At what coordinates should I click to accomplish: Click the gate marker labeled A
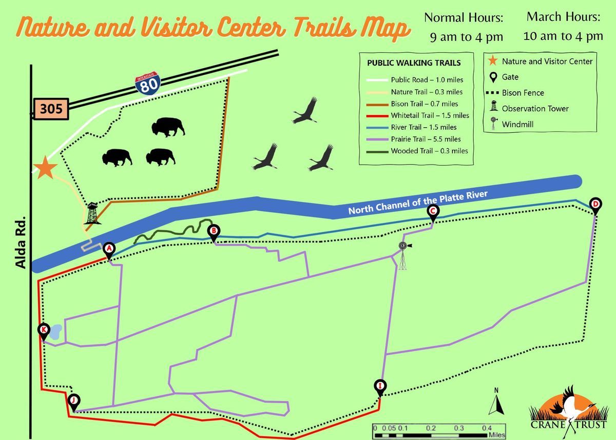(109, 250)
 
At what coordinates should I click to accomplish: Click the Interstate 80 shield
(148, 84)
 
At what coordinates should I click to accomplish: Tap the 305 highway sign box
(51, 109)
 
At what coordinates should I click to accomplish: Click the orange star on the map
(45, 168)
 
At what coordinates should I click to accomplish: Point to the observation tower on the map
(92, 213)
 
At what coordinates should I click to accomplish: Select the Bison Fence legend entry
(515, 93)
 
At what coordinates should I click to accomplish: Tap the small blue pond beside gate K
(55, 332)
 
